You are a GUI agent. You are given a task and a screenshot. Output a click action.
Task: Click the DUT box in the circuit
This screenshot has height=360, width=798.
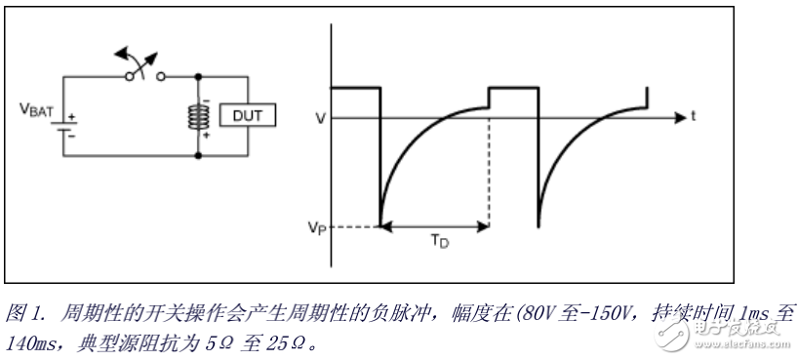[x=247, y=115]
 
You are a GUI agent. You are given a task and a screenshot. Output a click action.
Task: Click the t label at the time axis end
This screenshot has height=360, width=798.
[x=692, y=115]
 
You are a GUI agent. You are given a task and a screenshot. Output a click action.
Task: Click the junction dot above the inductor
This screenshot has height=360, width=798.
[x=199, y=76]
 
